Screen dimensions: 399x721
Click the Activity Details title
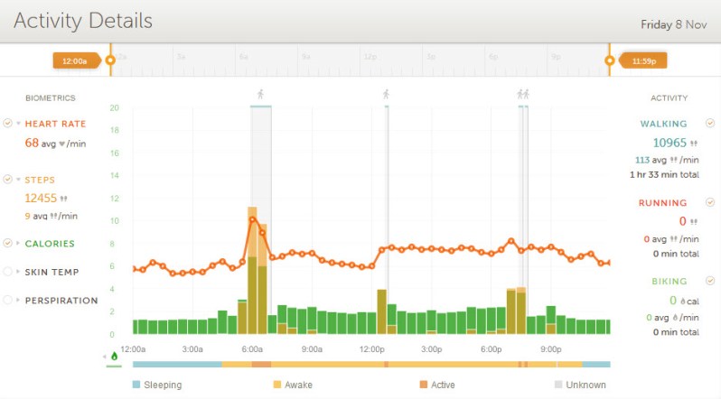(x=83, y=21)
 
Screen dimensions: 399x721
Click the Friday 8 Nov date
(x=673, y=24)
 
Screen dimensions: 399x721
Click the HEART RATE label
(x=55, y=124)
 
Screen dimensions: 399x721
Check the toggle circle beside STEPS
(x=8, y=180)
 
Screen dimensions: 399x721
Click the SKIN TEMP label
(x=51, y=272)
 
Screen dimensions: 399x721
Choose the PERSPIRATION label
(x=61, y=301)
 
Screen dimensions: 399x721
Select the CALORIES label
(x=50, y=244)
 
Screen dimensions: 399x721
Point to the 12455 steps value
(x=41, y=198)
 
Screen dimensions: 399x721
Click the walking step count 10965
(x=669, y=143)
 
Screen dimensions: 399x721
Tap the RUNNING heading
(x=662, y=203)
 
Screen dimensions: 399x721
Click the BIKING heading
(x=668, y=282)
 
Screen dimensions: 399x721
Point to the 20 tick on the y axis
(x=115, y=107)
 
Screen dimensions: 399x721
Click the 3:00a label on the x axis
(x=192, y=348)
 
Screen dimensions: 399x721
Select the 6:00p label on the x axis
(x=492, y=348)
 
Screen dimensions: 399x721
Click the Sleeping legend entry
(x=162, y=385)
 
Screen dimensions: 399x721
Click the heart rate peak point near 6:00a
(x=253, y=219)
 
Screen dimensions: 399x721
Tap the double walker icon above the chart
(x=522, y=94)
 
